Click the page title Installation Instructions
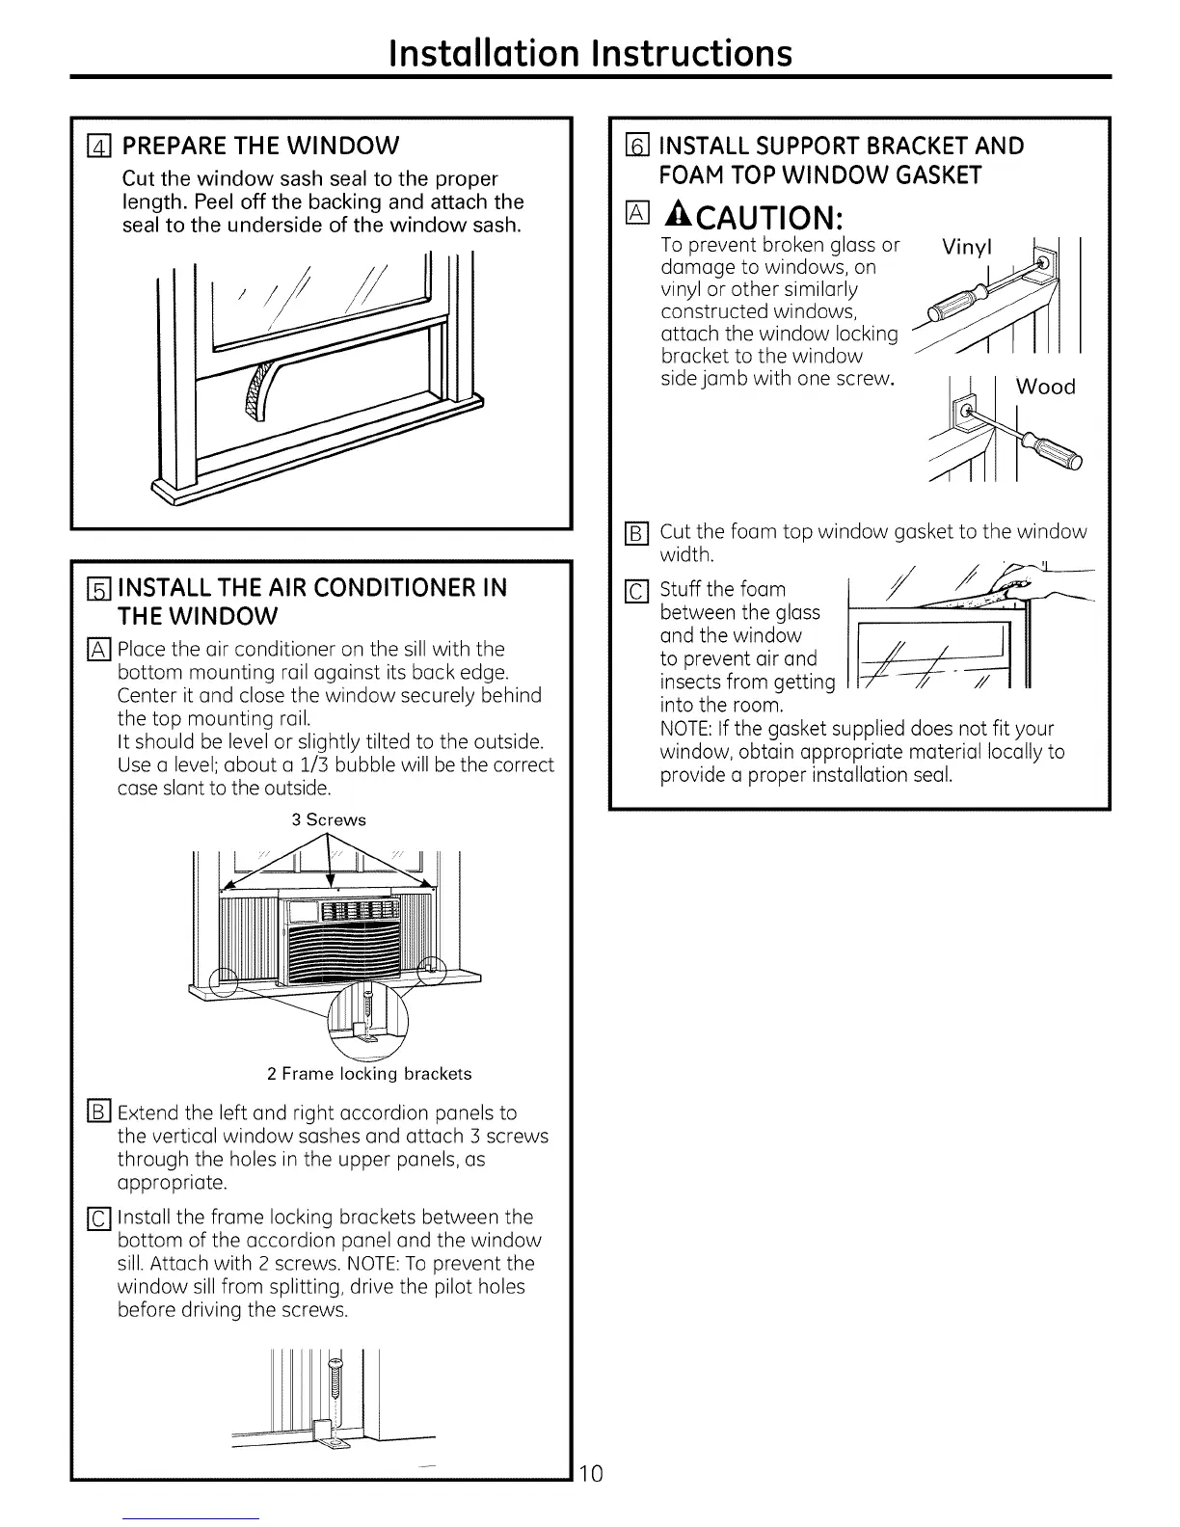tap(590, 52)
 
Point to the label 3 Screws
tap(329, 820)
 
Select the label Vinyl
tap(967, 248)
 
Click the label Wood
tap(1045, 387)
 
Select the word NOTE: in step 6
tap(685, 729)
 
